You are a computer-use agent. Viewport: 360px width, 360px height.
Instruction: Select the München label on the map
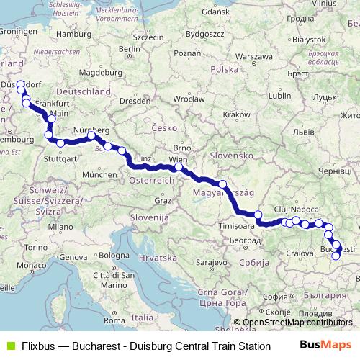tap(99, 174)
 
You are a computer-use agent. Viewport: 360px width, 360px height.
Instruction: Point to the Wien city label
tap(177, 159)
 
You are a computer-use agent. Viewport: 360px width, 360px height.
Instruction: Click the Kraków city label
tap(235, 114)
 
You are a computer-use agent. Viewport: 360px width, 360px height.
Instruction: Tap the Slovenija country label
tap(150, 216)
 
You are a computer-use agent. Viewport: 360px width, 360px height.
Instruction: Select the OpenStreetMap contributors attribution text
tap(297, 323)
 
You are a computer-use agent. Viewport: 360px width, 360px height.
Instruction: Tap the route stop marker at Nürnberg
tap(91, 136)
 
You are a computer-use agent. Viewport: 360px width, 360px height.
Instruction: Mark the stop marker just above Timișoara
tap(258, 215)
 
